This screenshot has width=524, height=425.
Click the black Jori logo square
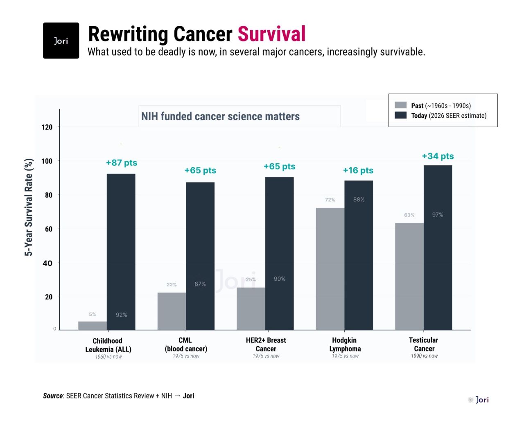[x=61, y=40]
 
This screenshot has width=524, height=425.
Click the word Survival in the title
[x=271, y=34]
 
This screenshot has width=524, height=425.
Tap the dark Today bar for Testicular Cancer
[x=438, y=247]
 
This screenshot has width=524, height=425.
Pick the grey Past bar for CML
[x=172, y=311]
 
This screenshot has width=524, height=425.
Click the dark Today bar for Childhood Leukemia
[x=121, y=252]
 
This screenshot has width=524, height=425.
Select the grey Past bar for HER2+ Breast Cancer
[x=251, y=308]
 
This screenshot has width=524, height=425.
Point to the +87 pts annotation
[x=122, y=163]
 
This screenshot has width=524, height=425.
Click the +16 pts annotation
[x=358, y=171]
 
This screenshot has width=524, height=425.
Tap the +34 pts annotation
[x=438, y=156]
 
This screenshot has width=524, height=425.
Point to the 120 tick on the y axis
[x=47, y=127]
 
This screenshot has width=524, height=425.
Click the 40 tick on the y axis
[x=47, y=263]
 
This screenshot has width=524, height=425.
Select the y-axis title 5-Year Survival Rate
[x=29, y=207]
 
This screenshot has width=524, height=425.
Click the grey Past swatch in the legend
[x=400, y=105]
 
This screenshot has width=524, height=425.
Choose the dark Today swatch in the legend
[x=400, y=115]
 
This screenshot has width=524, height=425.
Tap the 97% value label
[x=438, y=215]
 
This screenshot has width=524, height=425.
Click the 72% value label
[x=330, y=200]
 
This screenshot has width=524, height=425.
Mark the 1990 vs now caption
[x=424, y=356]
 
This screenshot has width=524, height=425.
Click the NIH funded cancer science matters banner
[x=221, y=117]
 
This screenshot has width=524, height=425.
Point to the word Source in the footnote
[x=53, y=396]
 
